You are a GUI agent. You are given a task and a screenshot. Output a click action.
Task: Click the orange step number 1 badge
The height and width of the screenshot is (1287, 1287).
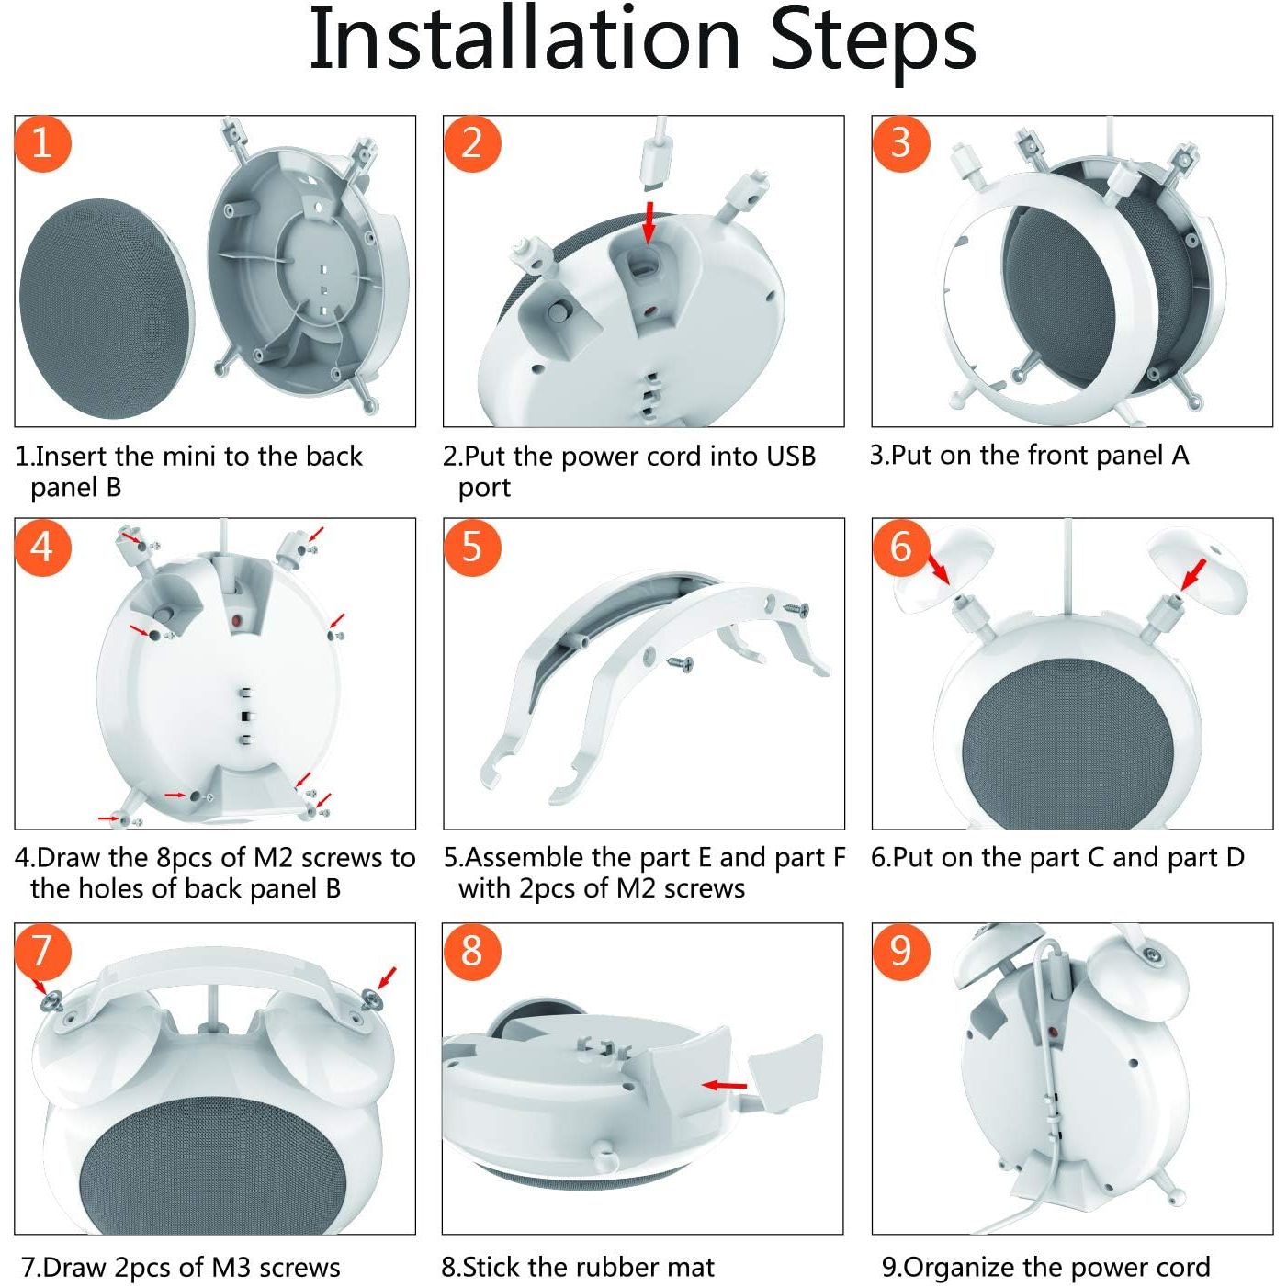click(42, 143)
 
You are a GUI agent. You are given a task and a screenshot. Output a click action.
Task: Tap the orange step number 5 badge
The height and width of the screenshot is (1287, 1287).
click(471, 546)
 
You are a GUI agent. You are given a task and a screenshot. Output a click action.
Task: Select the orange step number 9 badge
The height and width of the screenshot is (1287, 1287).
click(900, 951)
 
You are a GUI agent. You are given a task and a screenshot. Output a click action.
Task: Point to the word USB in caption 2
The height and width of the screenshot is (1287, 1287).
click(792, 457)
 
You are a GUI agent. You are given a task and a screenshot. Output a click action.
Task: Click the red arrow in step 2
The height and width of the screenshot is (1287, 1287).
click(647, 223)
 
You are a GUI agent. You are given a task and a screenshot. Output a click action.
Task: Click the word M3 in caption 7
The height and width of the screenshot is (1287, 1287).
click(231, 1267)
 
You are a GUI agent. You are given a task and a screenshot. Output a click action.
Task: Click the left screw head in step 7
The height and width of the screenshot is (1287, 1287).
click(51, 1001)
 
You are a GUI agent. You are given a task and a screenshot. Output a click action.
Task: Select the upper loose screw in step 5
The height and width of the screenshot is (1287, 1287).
click(796, 609)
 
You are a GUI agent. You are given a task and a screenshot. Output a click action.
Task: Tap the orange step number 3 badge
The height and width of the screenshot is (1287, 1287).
click(900, 143)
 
